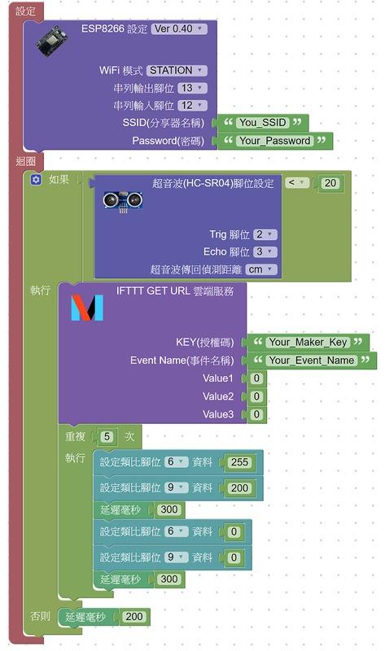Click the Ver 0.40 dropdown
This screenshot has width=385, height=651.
178,28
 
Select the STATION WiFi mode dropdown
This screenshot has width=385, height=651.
177,70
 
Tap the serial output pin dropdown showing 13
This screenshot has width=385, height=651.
192,88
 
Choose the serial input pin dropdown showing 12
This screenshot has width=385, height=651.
192,106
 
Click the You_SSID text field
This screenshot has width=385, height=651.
262,123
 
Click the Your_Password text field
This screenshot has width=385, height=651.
274,141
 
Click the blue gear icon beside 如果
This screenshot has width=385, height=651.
36,180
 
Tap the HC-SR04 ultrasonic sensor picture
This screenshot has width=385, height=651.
123,201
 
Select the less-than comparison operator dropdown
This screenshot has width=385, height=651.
296,182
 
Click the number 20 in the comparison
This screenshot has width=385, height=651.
330,183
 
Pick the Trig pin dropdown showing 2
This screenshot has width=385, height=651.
265,234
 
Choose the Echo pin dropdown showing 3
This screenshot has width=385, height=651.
265,251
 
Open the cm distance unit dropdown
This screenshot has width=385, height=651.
260,269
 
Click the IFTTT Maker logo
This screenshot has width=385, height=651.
87,308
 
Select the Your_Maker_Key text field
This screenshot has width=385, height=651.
308,342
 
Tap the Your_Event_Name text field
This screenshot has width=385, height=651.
312,360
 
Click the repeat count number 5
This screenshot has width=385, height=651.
107,437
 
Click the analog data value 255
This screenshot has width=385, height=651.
239,462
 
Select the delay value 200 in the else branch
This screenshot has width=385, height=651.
134,617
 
